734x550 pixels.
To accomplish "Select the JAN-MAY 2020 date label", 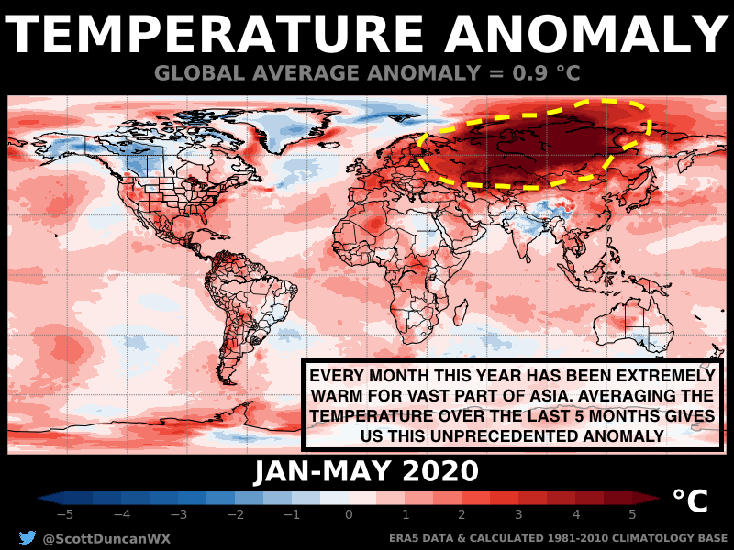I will click(366, 471).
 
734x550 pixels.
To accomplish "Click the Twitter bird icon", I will click(27, 538).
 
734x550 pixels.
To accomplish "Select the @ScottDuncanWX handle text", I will click(106, 539).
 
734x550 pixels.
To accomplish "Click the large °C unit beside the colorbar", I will click(690, 500).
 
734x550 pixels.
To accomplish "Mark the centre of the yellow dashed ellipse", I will click(534, 144).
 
